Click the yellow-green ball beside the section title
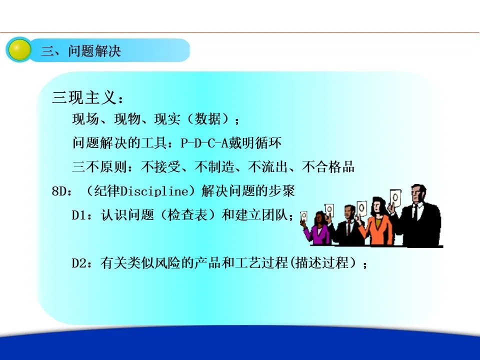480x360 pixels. (x=19, y=50)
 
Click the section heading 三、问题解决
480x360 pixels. (x=81, y=51)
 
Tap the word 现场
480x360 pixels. (x=85, y=119)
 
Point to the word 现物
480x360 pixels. (x=127, y=119)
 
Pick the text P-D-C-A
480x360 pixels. (x=204, y=143)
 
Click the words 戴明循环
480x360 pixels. (x=255, y=143)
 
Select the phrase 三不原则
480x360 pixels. (x=99, y=167)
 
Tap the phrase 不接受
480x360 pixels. (x=161, y=167)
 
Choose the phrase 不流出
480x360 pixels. (x=268, y=167)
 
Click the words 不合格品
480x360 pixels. (x=328, y=167)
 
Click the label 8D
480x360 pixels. (x=58, y=191)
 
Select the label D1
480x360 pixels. (x=78, y=215)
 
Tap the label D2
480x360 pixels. (x=78, y=263)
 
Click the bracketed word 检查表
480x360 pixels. (x=188, y=215)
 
